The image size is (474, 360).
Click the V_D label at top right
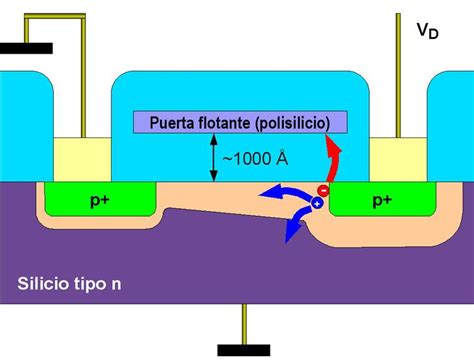pyautogui.click(x=427, y=32)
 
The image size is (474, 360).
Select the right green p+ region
pyautogui.click(x=382, y=201)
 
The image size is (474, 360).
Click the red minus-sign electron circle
pyautogui.click(x=323, y=190)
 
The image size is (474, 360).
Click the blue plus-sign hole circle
pyautogui.click(x=316, y=204)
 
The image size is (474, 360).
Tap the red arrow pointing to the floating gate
pyautogui.click(x=330, y=160)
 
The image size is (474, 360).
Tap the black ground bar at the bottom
pyautogui.click(x=244, y=349)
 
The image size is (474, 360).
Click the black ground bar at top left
pyautogui.click(x=26, y=47)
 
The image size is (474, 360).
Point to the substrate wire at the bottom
pyautogui.click(x=244, y=324)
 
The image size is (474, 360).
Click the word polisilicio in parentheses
pyautogui.click(x=299, y=124)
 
